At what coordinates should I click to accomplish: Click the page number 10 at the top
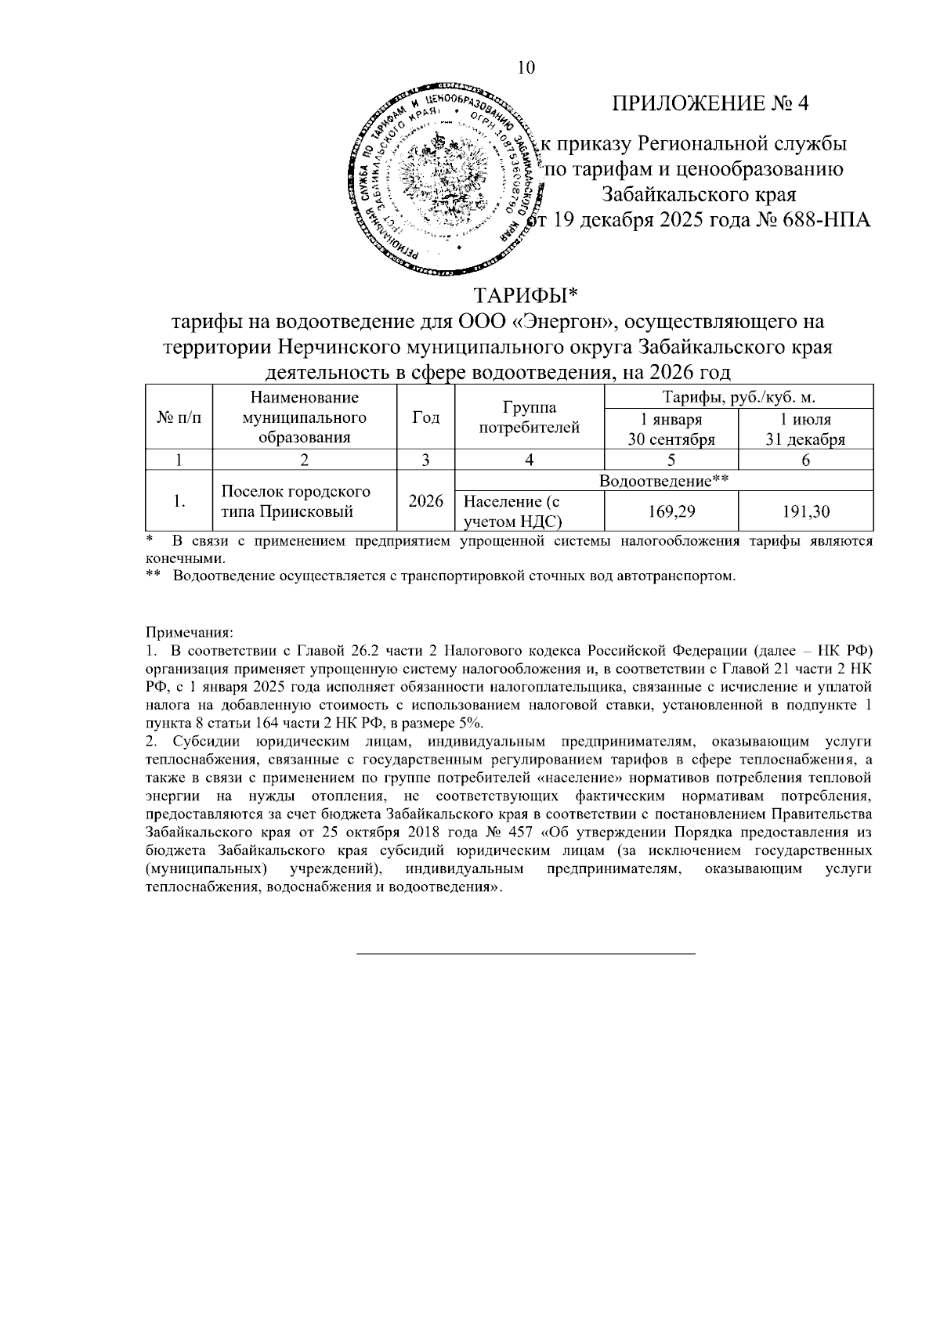526,69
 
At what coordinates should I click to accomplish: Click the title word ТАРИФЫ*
526,297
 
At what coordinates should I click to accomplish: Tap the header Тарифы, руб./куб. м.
739,397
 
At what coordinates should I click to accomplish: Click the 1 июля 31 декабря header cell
805,429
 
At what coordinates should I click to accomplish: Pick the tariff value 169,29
671,512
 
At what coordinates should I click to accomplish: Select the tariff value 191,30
805,512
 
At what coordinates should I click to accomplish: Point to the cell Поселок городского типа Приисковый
296,502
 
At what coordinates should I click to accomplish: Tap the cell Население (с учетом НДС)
513,511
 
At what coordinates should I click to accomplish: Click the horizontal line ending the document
526,953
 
